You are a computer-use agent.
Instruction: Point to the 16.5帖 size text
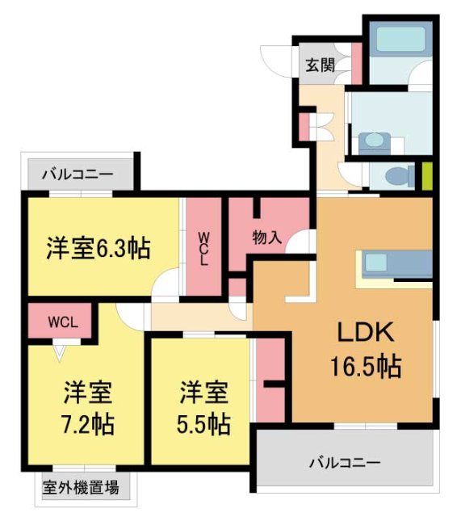pyautogui.click(x=364, y=368)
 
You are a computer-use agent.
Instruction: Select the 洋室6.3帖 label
pyautogui.click(x=98, y=248)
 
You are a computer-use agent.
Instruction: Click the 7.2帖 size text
pyautogui.click(x=88, y=422)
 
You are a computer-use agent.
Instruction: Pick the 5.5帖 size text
pyautogui.click(x=203, y=422)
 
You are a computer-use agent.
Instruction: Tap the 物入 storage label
pyautogui.click(x=267, y=237)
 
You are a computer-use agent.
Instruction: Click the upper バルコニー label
pyautogui.click(x=78, y=173)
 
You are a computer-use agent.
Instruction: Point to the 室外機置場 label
pyautogui.click(x=81, y=487)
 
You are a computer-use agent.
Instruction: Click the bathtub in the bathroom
pyautogui.click(x=399, y=40)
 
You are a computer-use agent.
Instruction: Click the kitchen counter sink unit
pyautogui.click(x=396, y=263)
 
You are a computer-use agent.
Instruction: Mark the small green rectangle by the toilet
pyautogui.click(x=427, y=175)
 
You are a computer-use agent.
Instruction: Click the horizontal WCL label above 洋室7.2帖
pyautogui.click(x=61, y=321)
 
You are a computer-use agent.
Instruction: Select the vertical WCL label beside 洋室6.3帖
pyautogui.click(x=204, y=250)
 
